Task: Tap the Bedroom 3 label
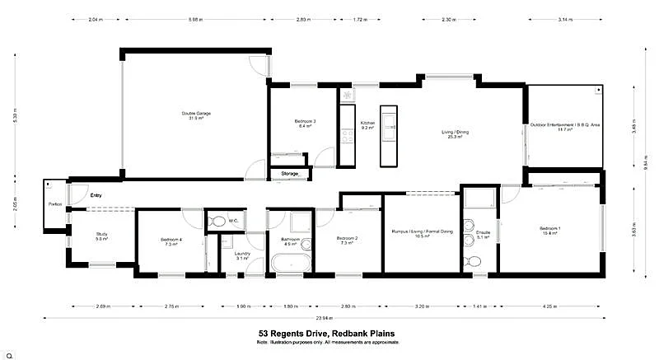pos(305,122)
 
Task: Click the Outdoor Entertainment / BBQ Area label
pos(565,126)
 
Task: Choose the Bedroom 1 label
pos(549,227)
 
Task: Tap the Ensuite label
pos(483,232)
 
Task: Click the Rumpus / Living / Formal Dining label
pos(423,232)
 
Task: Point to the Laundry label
pos(241,254)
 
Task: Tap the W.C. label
pos(233,220)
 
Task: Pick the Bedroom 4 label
pos(171,240)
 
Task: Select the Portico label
pos(55,203)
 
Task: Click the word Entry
pos(96,195)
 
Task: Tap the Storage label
pos(290,175)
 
